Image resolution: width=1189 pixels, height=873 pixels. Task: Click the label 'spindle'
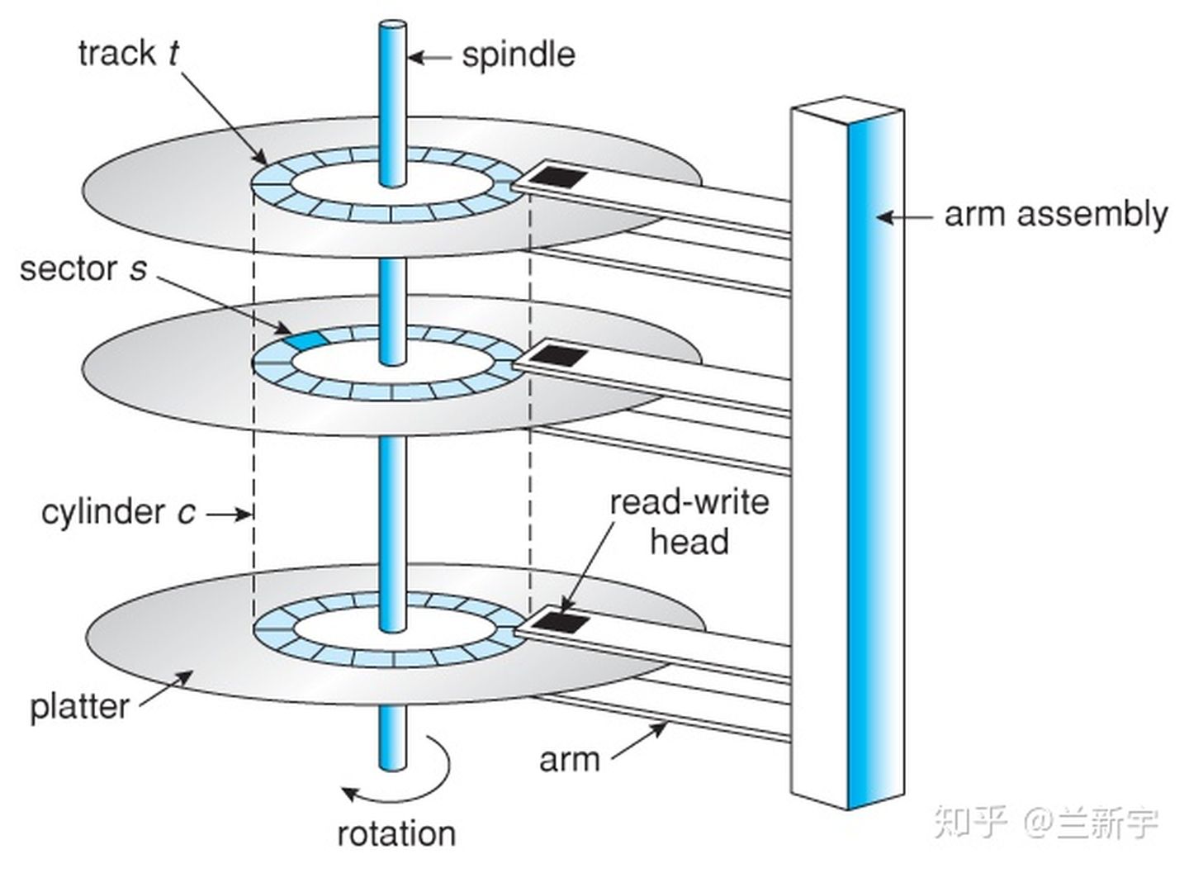(x=519, y=56)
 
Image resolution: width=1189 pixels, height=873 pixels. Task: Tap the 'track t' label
(x=129, y=53)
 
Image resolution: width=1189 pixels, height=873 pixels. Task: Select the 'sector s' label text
(x=83, y=269)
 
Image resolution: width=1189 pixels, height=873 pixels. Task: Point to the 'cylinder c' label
(x=118, y=512)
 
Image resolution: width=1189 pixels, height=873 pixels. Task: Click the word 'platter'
(x=79, y=708)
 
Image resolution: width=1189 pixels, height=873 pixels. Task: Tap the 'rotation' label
(x=396, y=833)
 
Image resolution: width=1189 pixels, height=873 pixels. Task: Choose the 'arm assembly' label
(x=1056, y=216)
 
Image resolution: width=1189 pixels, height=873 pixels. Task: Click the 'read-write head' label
(x=689, y=523)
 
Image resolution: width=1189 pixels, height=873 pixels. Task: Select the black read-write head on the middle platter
(x=559, y=354)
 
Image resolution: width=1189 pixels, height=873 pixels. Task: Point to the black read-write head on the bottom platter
(x=560, y=622)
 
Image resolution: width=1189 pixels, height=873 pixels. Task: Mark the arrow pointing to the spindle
(x=429, y=57)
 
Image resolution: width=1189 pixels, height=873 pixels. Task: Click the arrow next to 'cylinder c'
(x=228, y=514)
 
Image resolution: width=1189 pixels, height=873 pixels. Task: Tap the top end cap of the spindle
(x=392, y=25)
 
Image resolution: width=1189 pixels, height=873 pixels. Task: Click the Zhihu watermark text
(x=1045, y=823)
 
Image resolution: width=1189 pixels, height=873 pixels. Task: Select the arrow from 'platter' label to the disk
(x=166, y=689)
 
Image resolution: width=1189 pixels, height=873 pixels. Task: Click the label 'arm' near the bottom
(x=569, y=761)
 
